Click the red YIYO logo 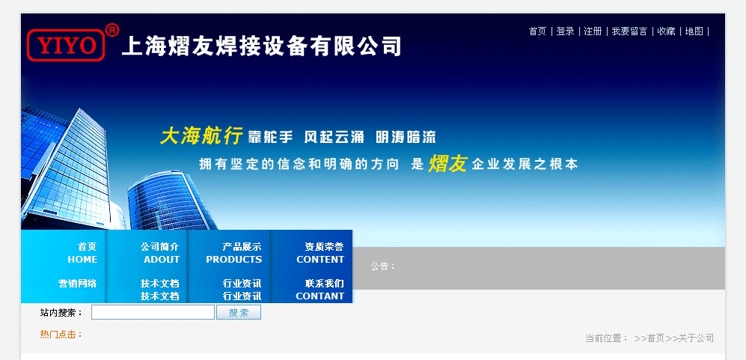point(66,45)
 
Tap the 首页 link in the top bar point(538,31)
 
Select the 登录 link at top point(565,31)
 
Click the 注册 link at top point(593,31)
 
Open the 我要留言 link point(629,31)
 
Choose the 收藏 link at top point(666,31)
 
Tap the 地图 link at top point(694,31)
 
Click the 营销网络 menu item point(78,284)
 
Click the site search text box point(153,312)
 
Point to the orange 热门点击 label point(61,335)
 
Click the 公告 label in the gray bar point(383,266)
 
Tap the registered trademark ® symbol point(111,31)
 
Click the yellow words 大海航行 point(202,135)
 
